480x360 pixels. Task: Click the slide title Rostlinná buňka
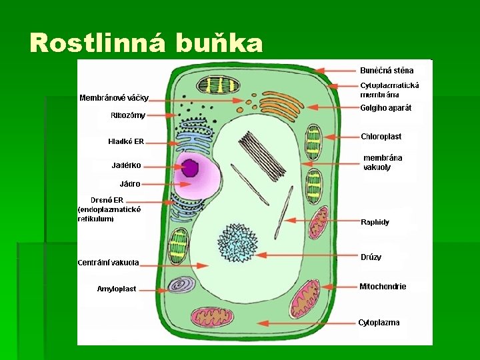click(147, 43)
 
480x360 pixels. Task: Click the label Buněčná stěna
click(387, 70)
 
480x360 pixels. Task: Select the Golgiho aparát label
click(386, 107)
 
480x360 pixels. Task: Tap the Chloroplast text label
click(381, 137)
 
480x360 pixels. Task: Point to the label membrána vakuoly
click(383, 163)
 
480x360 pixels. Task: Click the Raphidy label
click(375, 222)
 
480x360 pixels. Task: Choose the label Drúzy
click(371, 257)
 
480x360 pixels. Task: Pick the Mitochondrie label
click(383, 287)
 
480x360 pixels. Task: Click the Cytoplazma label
click(379, 323)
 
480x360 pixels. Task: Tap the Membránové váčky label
click(114, 98)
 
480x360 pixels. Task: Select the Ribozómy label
click(128, 115)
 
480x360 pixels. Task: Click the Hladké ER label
click(126, 141)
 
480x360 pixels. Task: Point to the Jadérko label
click(126, 165)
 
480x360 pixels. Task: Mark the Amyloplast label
click(117, 289)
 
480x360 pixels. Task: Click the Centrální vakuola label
click(109, 263)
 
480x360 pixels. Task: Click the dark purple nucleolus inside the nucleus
click(191, 168)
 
